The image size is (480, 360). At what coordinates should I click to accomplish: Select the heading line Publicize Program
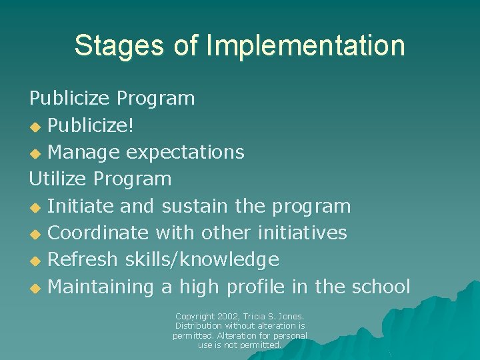pos(112,99)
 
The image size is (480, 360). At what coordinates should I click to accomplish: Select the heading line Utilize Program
pos(100,179)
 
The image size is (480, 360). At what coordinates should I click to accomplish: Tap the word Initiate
pos(81,206)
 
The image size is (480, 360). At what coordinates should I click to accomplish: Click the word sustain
pos(195,206)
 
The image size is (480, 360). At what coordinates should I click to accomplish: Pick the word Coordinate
pos(99,233)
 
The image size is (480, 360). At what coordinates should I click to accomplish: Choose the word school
pos(381,287)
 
